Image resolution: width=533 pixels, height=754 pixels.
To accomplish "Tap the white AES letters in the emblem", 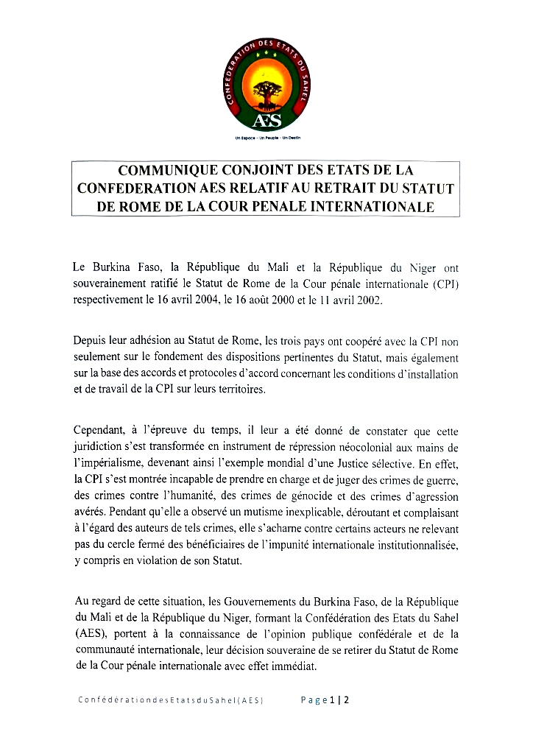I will [x=266, y=120].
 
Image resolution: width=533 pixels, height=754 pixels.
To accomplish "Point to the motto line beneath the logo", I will [x=267, y=138].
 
